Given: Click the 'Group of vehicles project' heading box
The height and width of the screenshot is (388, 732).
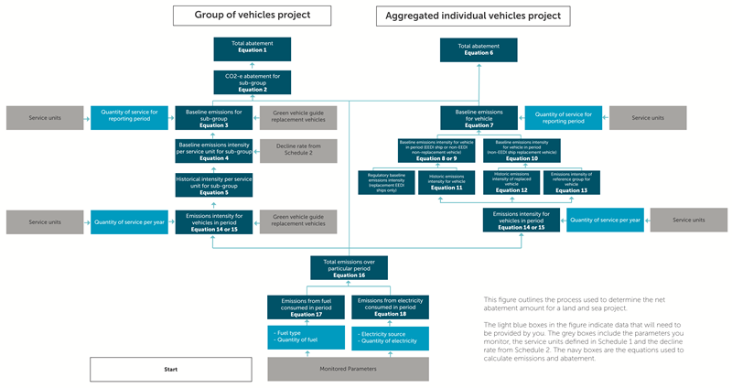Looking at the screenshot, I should tap(253, 15).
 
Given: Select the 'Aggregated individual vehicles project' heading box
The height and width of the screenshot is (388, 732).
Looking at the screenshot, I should tap(474, 16).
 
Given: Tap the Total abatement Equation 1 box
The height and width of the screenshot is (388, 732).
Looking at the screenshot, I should tap(253, 48).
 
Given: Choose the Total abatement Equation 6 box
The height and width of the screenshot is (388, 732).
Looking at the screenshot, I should tap(478, 48).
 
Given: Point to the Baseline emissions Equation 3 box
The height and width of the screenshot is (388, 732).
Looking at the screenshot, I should tap(213, 117).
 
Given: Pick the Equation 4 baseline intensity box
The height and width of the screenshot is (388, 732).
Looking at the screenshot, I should tap(213, 151).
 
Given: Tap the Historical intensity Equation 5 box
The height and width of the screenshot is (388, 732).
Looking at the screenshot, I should tap(213, 185).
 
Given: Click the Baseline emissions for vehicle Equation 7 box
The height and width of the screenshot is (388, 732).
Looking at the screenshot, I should tap(479, 117).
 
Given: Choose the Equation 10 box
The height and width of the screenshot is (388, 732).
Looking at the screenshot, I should tap(522, 151).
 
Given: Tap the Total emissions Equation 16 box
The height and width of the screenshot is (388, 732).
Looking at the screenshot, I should tap(350, 267).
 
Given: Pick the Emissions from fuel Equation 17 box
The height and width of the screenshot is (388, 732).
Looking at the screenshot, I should tap(307, 307).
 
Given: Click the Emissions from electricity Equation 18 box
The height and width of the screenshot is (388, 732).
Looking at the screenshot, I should tap(390, 307).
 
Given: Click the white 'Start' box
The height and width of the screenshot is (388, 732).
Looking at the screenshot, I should tap(170, 369).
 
